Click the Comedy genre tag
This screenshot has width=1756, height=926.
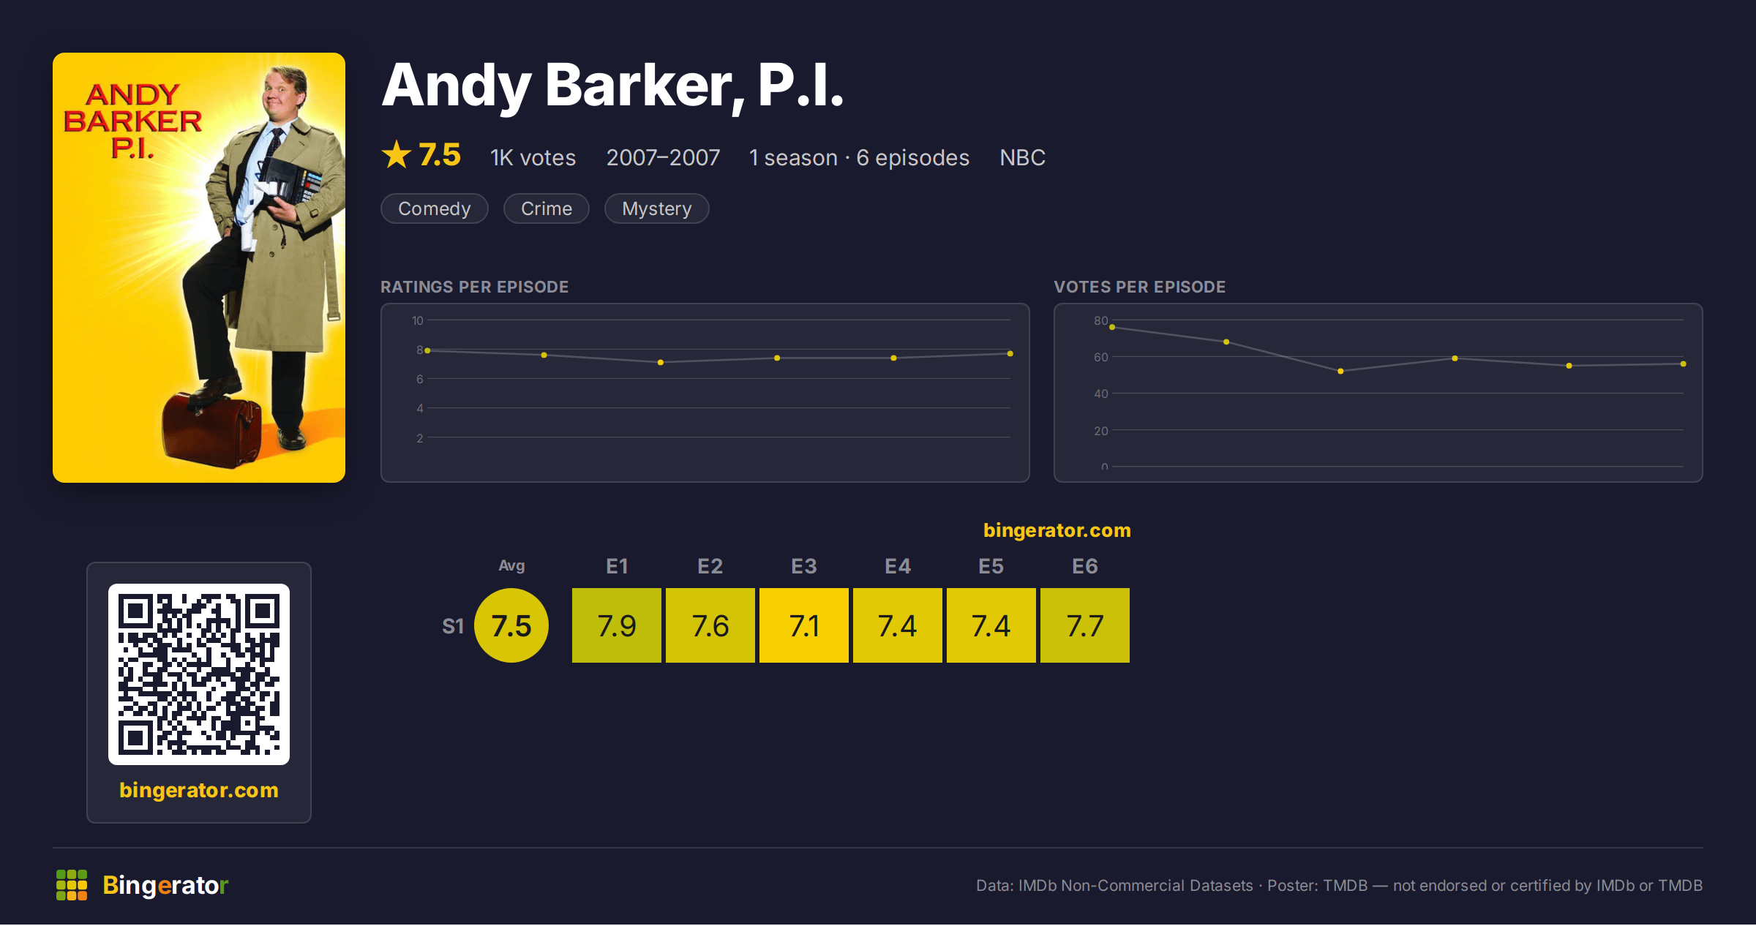(x=435, y=208)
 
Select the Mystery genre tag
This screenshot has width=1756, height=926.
(x=656, y=208)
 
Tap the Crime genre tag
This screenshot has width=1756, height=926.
(x=547, y=208)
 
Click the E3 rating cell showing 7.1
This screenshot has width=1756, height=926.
(x=804, y=625)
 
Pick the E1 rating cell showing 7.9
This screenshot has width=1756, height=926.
(x=617, y=625)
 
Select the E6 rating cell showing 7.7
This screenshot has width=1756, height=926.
(x=1085, y=625)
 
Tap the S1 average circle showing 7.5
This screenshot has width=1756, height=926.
(x=511, y=625)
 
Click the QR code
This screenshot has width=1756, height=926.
(x=199, y=674)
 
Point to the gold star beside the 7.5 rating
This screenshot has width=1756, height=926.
(x=397, y=154)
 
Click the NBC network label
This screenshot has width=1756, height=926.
(x=1023, y=157)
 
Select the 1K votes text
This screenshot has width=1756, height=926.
(x=533, y=157)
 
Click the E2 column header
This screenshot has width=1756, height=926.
(x=710, y=566)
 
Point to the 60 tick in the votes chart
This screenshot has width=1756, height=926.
(x=1101, y=357)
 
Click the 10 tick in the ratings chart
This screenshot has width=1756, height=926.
(x=418, y=320)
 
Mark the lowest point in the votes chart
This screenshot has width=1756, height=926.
(x=1340, y=372)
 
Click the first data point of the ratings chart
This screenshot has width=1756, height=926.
(x=427, y=350)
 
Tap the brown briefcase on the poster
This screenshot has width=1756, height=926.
(x=211, y=430)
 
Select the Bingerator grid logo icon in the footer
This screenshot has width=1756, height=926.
(x=72, y=885)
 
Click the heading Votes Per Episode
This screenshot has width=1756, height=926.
(x=1140, y=287)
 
